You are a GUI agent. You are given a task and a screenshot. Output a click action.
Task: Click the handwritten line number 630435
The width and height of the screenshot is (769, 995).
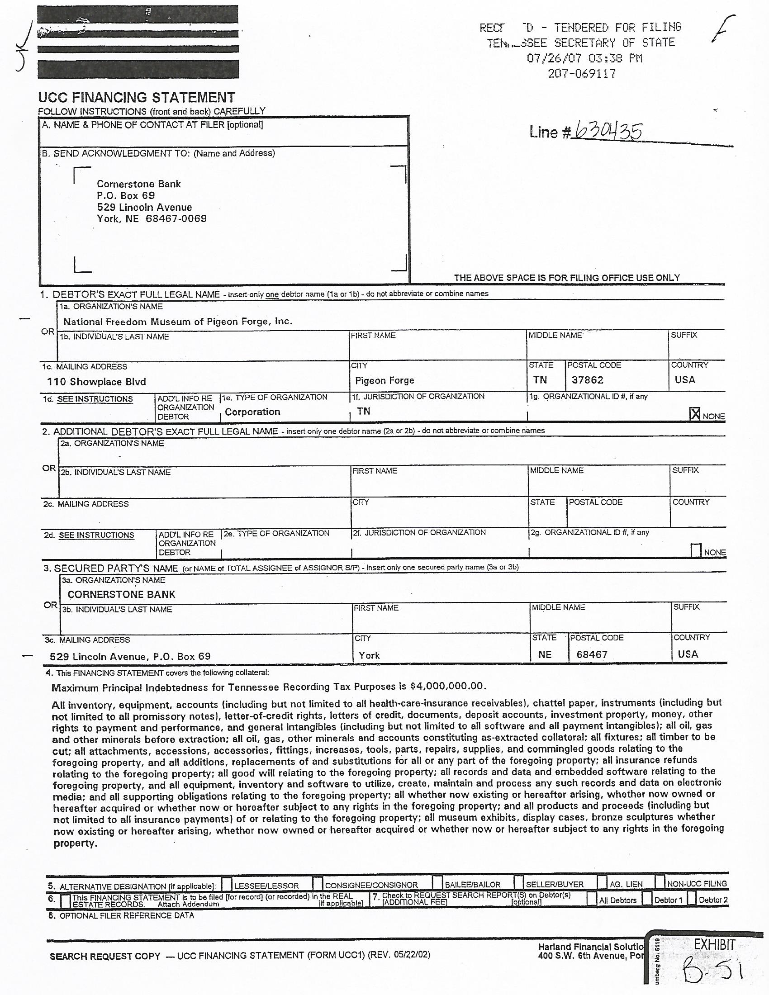click(x=608, y=132)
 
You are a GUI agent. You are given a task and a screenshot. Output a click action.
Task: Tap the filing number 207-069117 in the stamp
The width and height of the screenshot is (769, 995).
click(x=582, y=74)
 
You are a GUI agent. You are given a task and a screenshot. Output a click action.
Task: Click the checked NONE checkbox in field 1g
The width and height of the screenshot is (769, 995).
click(x=695, y=414)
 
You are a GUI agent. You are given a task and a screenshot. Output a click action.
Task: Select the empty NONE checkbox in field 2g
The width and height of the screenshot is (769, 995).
click(x=696, y=550)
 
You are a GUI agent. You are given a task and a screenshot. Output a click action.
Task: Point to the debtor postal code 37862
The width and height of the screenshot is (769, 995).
click(x=587, y=380)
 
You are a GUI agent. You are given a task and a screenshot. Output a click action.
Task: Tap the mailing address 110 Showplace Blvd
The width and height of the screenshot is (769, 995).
click(x=97, y=382)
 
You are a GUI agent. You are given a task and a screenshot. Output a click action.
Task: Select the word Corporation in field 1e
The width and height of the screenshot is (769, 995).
click(x=252, y=412)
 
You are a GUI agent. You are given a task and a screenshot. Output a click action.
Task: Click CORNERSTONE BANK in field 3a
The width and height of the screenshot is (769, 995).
click(x=121, y=594)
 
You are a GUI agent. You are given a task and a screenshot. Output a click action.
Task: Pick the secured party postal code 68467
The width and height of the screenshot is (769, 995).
click(x=592, y=655)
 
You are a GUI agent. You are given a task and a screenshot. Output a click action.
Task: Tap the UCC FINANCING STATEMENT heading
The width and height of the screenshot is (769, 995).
click(x=137, y=97)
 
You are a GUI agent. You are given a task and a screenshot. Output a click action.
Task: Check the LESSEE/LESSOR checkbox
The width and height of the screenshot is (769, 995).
click(x=227, y=884)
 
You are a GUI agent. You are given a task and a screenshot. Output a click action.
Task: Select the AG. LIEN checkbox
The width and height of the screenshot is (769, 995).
click(x=602, y=883)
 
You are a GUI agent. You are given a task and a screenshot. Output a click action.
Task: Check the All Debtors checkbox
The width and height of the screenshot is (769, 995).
click(x=591, y=899)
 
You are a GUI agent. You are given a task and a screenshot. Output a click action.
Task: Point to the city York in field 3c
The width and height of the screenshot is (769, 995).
click(x=369, y=655)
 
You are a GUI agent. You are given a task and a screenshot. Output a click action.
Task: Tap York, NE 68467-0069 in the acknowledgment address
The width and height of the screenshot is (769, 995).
click(x=152, y=219)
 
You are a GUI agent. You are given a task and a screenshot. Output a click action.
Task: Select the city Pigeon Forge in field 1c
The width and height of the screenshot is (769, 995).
click(x=384, y=380)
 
